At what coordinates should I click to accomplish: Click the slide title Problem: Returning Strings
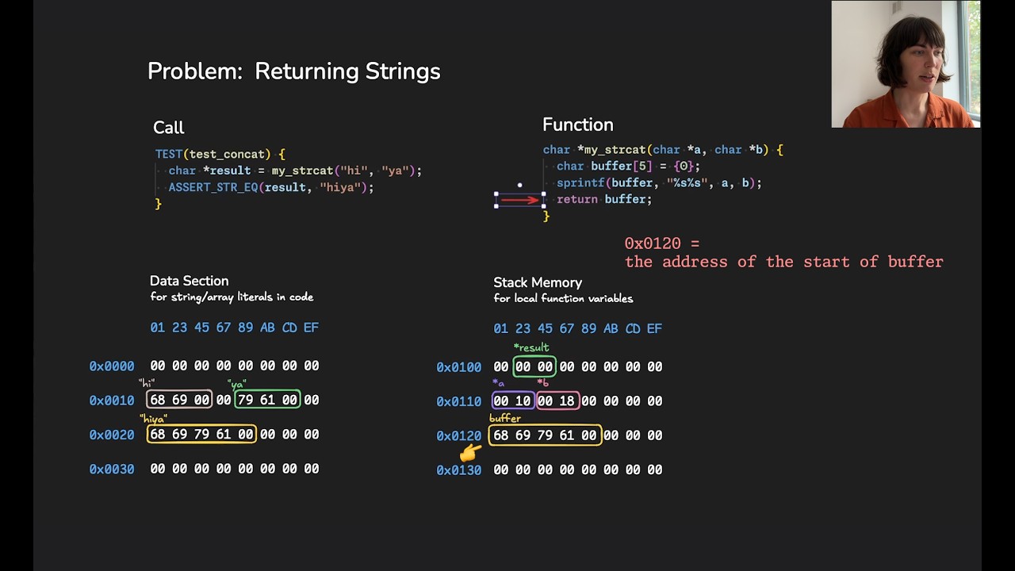click(x=293, y=71)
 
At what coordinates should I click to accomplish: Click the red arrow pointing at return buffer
click(x=520, y=200)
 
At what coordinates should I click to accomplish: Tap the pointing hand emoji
click(x=471, y=453)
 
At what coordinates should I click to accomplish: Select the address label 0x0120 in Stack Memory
click(x=458, y=435)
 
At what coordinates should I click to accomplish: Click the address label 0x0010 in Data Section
click(x=111, y=400)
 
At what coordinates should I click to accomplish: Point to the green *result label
click(x=531, y=347)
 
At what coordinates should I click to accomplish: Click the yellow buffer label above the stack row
click(x=505, y=418)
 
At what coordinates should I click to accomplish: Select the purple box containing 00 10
click(x=512, y=401)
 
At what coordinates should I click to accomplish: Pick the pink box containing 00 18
click(x=557, y=401)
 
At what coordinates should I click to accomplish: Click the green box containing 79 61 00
click(x=267, y=400)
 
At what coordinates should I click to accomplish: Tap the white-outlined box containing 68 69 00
click(x=179, y=400)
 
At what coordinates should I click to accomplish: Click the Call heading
click(x=168, y=128)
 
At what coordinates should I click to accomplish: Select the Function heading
click(x=577, y=125)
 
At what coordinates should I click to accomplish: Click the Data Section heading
click(x=189, y=281)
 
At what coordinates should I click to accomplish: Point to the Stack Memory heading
click(x=538, y=282)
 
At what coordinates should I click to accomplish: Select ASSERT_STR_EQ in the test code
click(x=212, y=187)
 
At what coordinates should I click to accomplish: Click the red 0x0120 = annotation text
click(x=662, y=243)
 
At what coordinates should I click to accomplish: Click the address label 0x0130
click(x=458, y=470)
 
